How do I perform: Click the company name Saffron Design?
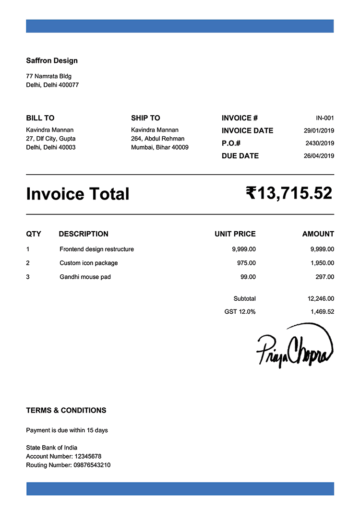(51, 60)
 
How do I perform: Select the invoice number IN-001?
(324, 118)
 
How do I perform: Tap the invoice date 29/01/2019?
(319, 130)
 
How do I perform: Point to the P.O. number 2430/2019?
(320, 143)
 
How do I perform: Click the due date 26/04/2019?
(319, 156)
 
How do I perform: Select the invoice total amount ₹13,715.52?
(289, 193)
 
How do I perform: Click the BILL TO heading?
(40, 118)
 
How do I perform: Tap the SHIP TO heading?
(145, 118)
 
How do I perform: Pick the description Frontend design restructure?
(96, 249)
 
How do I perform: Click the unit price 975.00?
(246, 263)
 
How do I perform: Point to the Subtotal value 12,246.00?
(321, 298)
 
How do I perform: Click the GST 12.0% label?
(240, 311)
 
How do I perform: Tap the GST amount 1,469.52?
(322, 311)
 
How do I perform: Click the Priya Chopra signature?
(294, 346)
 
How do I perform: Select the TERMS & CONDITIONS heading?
(66, 410)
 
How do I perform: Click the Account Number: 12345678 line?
(63, 456)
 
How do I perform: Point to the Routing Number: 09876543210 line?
(68, 465)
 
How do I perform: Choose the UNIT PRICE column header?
(235, 234)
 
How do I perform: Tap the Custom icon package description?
(88, 263)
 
